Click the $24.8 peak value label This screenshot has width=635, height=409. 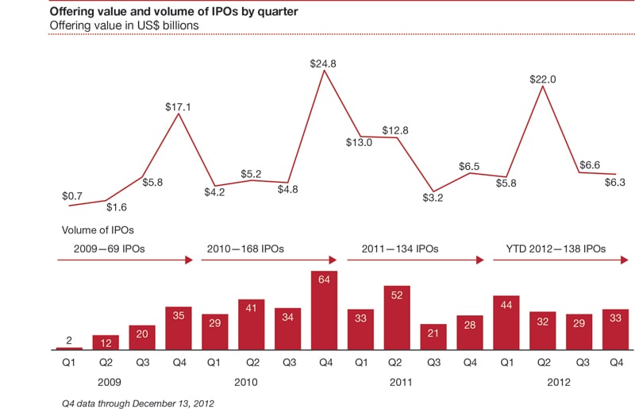323,64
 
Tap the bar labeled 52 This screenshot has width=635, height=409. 396,318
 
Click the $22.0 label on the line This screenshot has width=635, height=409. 542,79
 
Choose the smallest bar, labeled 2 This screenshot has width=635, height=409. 69,348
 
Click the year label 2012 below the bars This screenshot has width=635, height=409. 560,381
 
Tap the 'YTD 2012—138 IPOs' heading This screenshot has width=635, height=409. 555,249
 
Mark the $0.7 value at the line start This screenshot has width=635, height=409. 73,195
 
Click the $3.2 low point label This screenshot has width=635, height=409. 433,198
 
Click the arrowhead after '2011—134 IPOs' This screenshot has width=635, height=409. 481,259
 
